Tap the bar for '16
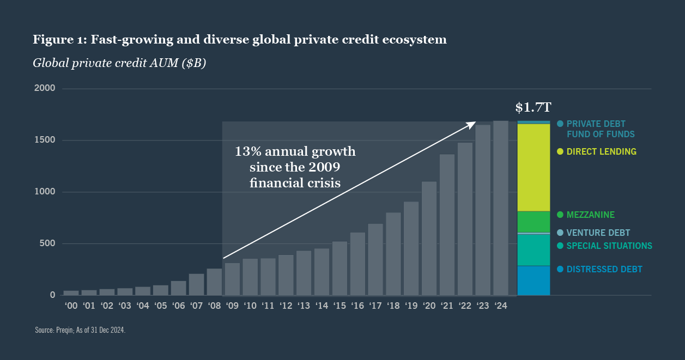point(357,264)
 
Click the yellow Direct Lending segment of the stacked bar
point(534,167)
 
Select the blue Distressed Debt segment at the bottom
point(534,280)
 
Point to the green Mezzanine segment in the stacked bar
point(534,222)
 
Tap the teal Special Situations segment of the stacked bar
point(534,250)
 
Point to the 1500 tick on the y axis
point(45,140)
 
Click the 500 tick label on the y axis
point(47,243)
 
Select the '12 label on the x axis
point(286,306)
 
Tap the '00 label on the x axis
point(71,306)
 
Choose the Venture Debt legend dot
point(560,233)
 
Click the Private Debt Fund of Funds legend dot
point(560,124)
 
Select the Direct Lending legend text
point(601,151)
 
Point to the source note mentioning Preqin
point(80,330)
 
